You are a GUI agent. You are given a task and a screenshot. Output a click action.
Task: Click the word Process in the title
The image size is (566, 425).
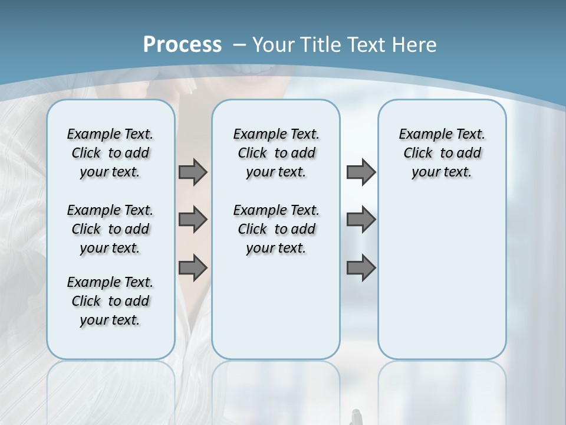(182, 44)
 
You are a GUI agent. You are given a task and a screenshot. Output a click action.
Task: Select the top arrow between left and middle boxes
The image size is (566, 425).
(193, 172)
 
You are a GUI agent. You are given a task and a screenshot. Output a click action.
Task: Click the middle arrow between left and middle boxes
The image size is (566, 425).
(193, 220)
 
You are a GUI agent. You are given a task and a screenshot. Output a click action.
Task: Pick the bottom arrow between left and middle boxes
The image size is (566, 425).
(193, 268)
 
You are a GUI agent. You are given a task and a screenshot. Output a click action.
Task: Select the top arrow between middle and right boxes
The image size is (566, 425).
(361, 172)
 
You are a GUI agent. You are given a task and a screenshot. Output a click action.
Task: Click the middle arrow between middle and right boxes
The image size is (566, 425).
(361, 220)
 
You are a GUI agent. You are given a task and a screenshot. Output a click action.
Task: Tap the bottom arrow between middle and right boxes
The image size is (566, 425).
(361, 268)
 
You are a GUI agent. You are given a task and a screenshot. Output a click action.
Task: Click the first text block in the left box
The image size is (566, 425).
(110, 153)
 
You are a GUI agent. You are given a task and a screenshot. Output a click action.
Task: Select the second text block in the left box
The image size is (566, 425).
(110, 229)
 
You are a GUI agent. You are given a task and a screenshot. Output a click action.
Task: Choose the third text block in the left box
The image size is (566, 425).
(110, 301)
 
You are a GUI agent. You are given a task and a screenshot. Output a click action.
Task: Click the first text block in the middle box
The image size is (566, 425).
(276, 153)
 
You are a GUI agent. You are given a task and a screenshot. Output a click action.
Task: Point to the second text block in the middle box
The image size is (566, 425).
(276, 229)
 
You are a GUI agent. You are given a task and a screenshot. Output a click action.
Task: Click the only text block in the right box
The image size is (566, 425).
(442, 153)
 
